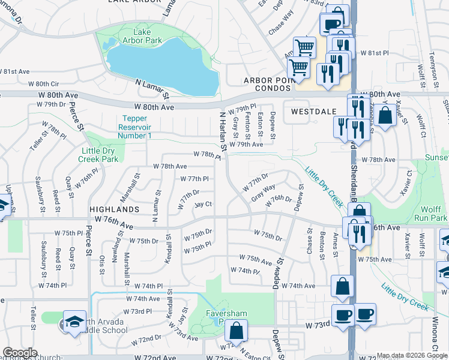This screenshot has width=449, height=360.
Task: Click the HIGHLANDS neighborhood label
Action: coord(114,209)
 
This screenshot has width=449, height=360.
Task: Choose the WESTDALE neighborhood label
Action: coord(312,112)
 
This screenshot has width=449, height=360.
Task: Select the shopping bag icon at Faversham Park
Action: coord(237,330)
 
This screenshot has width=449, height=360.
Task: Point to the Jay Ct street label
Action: coord(203,205)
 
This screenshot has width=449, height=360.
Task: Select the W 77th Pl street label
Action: coord(194,179)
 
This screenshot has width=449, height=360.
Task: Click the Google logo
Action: coord(20,353)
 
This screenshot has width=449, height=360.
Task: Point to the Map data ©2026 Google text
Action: coord(412,356)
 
